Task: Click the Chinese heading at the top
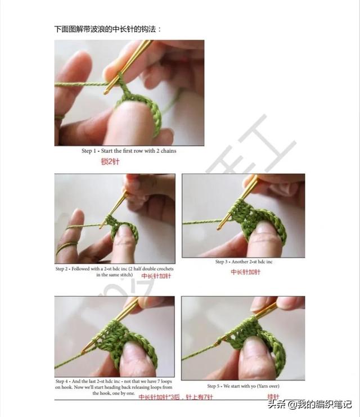click(108, 29)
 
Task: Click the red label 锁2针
click(110, 161)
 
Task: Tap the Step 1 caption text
click(129, 151)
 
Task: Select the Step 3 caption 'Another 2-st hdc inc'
click(244, 262)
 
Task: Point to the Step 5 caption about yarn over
click(244, 386)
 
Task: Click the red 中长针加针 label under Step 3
click(245, 272)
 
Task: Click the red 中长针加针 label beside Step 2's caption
click(156, 276)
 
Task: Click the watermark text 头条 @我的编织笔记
click(309, 404)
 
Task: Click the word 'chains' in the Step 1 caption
click(168, 151)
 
